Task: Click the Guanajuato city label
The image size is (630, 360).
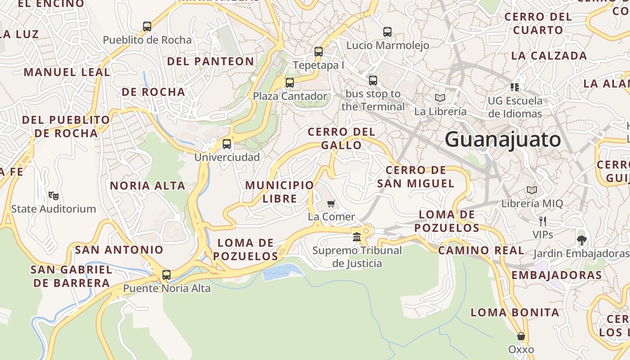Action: coord(503,139)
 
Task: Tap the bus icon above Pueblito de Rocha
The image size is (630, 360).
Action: coord(147,27)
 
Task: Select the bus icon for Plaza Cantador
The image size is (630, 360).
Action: coord(290,83)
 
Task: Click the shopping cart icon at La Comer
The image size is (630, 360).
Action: coord(331,203)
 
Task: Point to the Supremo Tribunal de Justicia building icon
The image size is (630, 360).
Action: coord(357,237)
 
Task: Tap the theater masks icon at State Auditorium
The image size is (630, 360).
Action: coord(54,195)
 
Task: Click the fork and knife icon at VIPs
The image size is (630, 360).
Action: coord(543,221)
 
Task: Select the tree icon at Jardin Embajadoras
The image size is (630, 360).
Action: coord(581,240)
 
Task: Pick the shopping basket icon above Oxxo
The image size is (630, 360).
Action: coord(521,336)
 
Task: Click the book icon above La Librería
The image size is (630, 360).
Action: coord(440,98)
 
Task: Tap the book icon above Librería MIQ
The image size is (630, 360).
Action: coord(532,190)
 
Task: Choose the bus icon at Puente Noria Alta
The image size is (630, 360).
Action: coord(166,274)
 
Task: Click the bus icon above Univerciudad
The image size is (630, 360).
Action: coord(227,144)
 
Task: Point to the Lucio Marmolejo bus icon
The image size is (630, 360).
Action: coord(387,32)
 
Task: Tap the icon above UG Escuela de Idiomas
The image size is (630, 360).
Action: coord(515,87)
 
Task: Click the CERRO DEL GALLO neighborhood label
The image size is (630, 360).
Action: coord(341,138)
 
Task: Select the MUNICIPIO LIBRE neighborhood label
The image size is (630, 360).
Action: coord(279,192)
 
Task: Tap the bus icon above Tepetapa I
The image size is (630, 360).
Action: coord(319,52)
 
